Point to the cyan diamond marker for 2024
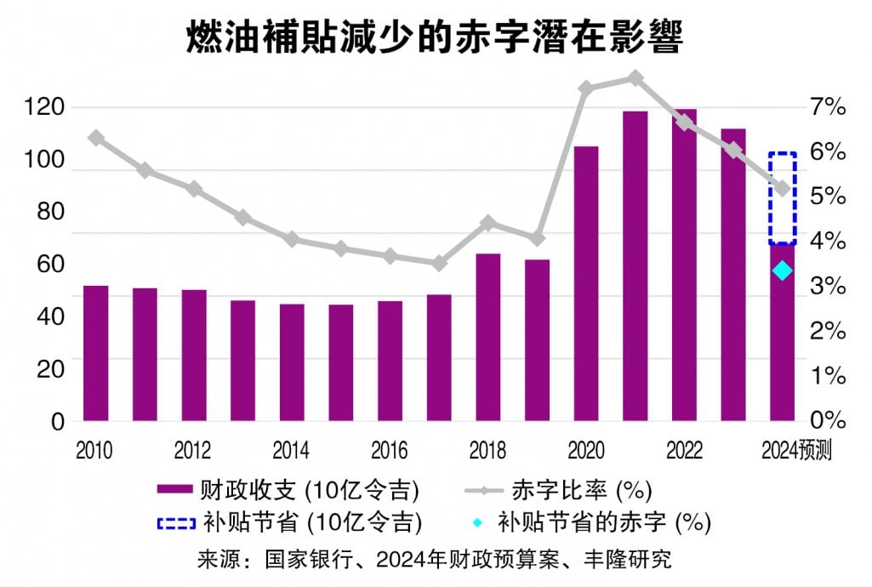click(x=783, y=271)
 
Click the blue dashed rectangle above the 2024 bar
click(x=782, y=198)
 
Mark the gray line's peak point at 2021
click(x=635, y=78)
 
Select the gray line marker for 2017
click(x=439, y=264)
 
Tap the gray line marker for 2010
click(x=95, y=137)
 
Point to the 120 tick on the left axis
click(x=46, y=107)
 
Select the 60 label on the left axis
click(x=52, y=264)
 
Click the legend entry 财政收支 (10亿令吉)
click(x=289, y=489)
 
